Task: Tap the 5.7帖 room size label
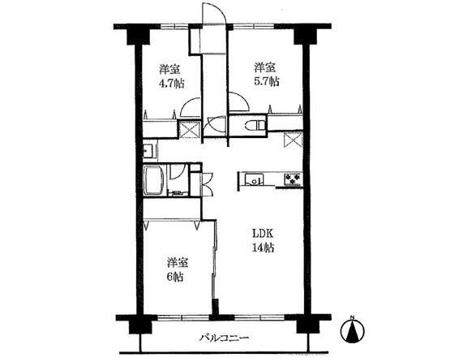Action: click(267, 82)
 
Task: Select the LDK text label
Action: click(264, 234)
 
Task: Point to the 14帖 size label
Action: click(263, 248)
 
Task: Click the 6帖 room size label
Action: click(174, 277)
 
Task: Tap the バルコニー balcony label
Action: click(225, 338)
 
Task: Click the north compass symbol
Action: click(353, 330)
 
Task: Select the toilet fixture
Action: click(254, 125)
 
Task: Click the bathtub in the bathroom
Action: click(154, 180)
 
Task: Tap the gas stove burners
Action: click(293, 179)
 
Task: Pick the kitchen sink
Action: click(254, 179)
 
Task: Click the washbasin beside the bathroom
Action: click(149, 151)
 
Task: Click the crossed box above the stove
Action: click(293, 140)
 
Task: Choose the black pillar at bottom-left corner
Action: click(140, 326)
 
